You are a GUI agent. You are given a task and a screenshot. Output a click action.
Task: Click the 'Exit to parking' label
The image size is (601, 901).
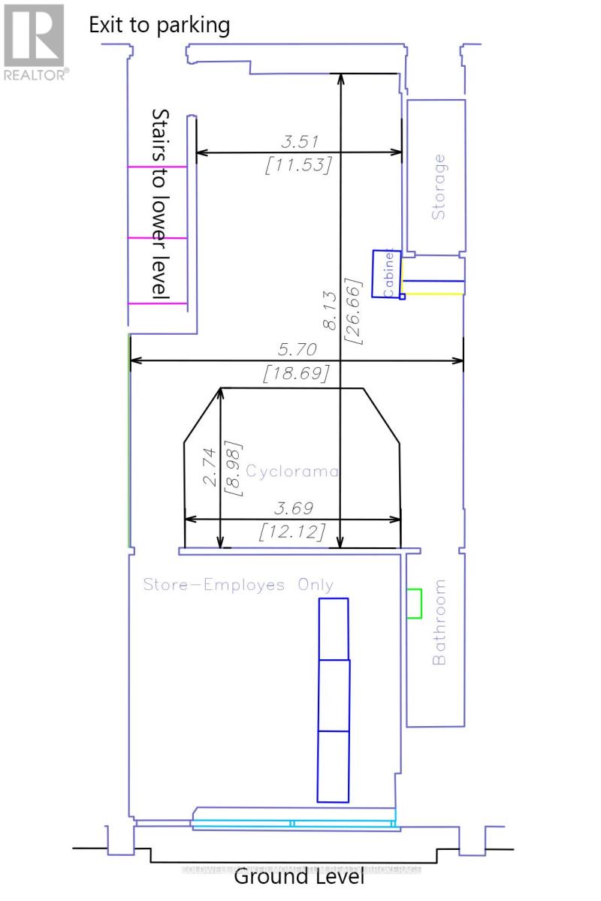click(159, 25)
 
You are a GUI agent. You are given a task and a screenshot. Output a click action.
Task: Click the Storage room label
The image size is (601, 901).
click(439, 187)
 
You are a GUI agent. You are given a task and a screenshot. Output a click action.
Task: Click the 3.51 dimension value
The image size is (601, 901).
click(298, 140)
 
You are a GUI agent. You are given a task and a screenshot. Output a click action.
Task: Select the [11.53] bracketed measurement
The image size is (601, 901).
click(298, 164)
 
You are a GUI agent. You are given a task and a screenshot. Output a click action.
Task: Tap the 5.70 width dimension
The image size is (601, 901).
click(297, 349)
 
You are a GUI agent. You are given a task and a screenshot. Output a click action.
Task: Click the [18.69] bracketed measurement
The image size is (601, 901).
click(297, 373)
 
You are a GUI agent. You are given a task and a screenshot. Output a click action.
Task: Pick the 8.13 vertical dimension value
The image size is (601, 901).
click(329, 312)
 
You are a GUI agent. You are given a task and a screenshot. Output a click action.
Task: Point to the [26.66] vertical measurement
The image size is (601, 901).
click(353, 312)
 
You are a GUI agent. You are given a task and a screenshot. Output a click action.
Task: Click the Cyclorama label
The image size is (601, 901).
click(288, 472)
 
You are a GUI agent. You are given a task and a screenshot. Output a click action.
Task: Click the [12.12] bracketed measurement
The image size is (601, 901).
click(292, 532)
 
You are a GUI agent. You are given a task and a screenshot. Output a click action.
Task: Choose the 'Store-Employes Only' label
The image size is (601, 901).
click(238, 585)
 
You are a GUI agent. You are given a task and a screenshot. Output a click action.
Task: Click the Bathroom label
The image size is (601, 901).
click(439, 622)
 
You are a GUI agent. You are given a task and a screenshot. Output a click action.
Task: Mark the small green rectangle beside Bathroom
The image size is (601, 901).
click(414, 604)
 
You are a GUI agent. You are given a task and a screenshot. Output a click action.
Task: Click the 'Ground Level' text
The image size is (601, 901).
click(300, 876)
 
